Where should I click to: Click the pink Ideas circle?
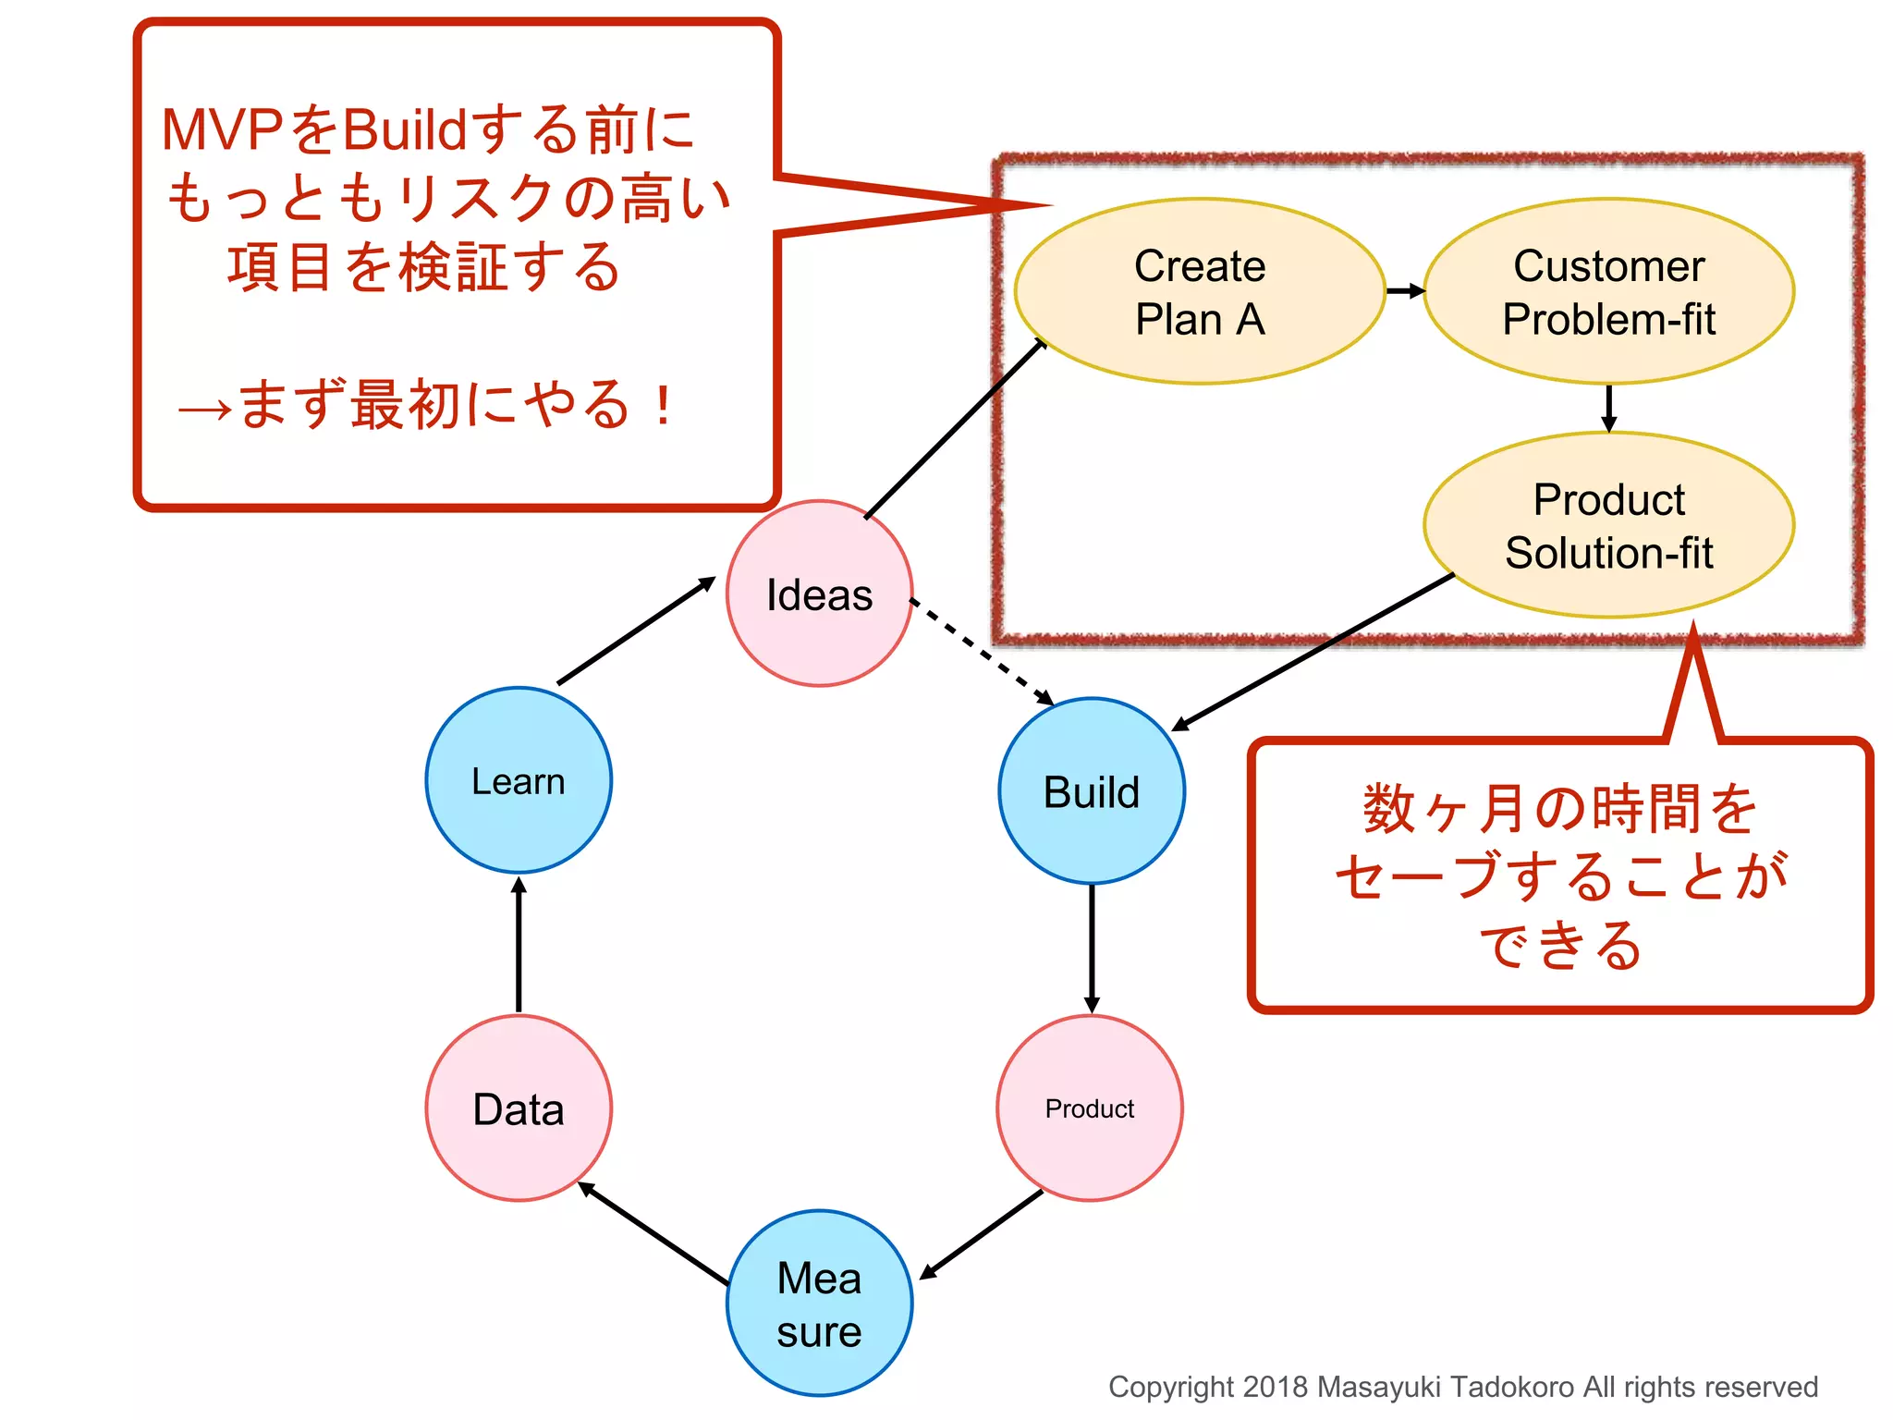pos(819,594)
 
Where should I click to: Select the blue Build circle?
pos(1091,791)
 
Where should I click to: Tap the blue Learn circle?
pos(518,780)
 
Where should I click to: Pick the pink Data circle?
pos(518,1108)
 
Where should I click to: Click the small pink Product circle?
pos(1089,1108)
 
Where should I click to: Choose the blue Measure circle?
pos(819,1304)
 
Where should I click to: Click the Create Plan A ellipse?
pos(1200,291)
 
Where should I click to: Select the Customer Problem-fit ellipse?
pos(1608,291)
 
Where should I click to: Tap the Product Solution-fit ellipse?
pos(1608,525)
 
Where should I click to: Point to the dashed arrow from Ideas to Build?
pos(982,651)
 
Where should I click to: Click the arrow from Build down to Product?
pos(1092,948)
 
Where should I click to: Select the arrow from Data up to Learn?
pos(519,945)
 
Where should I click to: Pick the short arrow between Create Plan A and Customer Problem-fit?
pos(1405,291)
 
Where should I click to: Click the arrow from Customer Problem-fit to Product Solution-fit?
pos(1608,408)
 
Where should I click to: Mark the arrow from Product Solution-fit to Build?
pos(1313,652)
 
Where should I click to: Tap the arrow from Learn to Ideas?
pos(636,630)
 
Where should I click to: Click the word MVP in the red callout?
pos(222,129)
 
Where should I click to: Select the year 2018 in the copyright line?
pos(1275,1387)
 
